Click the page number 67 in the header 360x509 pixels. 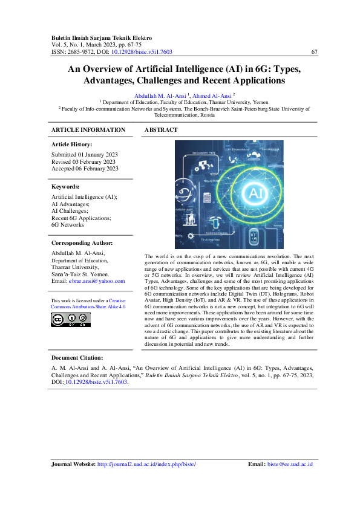click(x=314, y=52)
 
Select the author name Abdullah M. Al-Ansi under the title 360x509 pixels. click(x=160, y=96)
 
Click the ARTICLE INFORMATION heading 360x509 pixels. click(x=88, y=130)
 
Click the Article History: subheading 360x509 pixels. click(x=72, y=144)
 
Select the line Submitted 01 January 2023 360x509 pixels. click(x=84, y=155)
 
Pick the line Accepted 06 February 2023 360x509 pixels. click(x=85, y=169)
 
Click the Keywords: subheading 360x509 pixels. click(x=66, y=187)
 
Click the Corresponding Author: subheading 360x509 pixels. click(x=82, y=243)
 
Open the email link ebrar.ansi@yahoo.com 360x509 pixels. click(x=97, y=280)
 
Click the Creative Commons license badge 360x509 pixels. click(x=71, y=320)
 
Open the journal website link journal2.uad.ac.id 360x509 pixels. click(x=146, y=464)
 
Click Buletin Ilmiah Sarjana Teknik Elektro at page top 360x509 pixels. click(x=102, y=37)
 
